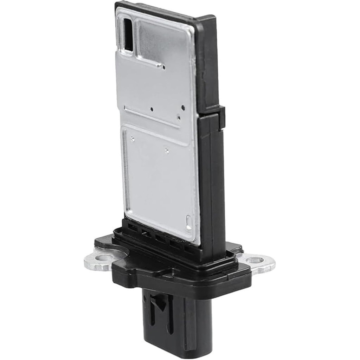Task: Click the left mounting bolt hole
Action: (x=104, y=260)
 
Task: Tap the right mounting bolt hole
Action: (x=255, y=261)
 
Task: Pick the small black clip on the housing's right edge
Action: (x=221, y=118)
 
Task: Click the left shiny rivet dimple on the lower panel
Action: (x=132, y=139)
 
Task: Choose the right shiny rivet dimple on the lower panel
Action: (x=167, y=151)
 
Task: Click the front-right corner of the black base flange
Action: (x=246, y=278)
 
